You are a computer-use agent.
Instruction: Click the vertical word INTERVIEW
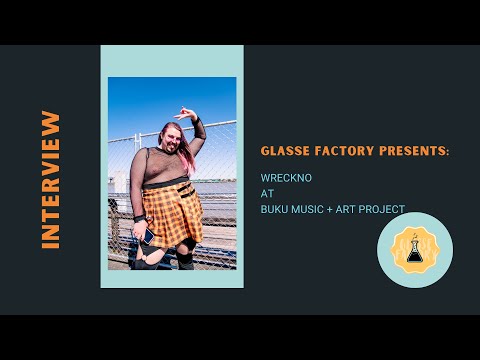pyautogui.click(x=51, y=180)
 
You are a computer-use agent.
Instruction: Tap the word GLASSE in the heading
pyautogui.click(x=284, y=150)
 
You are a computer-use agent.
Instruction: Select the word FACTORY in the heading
pyautogui.click(x=346, y=150)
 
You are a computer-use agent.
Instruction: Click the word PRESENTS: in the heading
pyautogui.click(x=415, y=150)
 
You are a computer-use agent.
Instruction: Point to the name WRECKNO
pyautogui.click(x=282, y=180)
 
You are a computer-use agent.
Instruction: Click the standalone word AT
pyautogui.click(x=265, y=195)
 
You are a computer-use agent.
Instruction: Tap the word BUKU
pyautogui.click(x=273, y=210)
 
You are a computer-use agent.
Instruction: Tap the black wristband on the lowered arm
pyautogui.click(x=140, y=217)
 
